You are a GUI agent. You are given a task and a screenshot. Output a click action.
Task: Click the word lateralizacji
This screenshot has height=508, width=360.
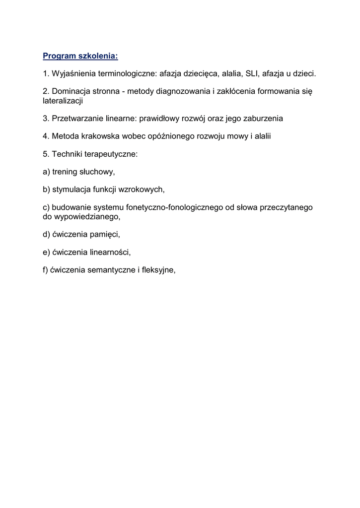click(x=63, y=100)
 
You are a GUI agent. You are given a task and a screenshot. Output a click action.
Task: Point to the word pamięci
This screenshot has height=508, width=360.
click(x=106, y=234)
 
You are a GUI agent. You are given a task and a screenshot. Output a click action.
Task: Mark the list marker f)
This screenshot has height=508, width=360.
click(x=46, y=270)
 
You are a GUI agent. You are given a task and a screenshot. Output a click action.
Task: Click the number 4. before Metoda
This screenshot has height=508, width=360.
click(x=46, y=136)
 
